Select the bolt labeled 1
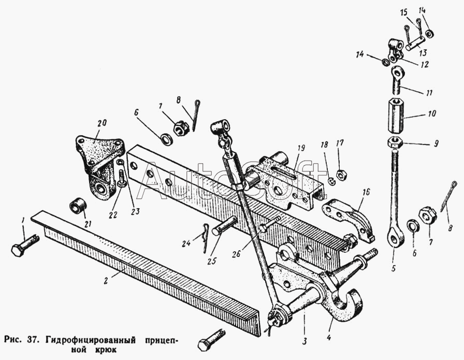pos(25,245)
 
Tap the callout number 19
pos(301,148)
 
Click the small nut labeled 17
pos(342,175)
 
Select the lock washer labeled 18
pos(332,181)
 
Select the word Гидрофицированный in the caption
pos(91,339)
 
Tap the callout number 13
pos(423,53)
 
